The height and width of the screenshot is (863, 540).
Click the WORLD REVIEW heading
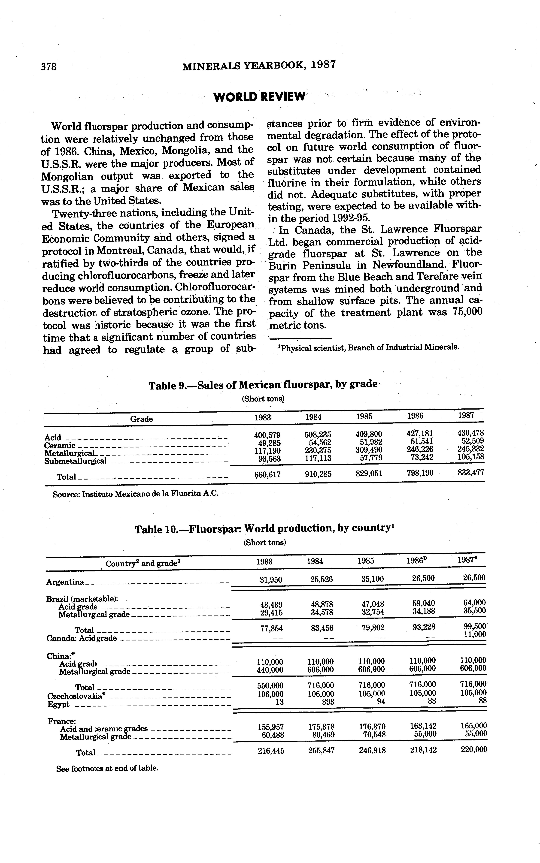coord(259,96)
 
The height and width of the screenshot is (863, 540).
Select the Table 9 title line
coord(263,385)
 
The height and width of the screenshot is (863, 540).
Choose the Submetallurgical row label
coord(75,461)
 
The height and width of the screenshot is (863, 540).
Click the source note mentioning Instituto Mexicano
coord(135,494)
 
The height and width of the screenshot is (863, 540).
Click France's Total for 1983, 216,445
coord(271,751)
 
